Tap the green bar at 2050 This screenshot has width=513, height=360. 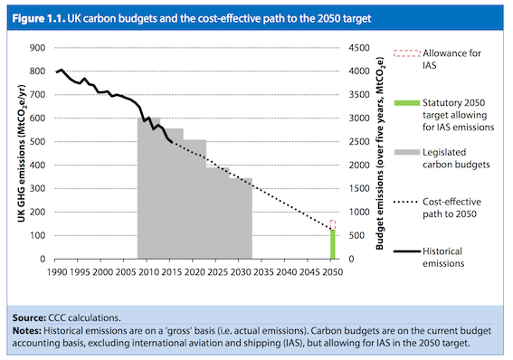click(x=332, y=244)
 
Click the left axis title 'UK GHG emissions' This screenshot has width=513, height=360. click(x=15, y=153)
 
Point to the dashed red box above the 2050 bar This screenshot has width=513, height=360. click(x=332, y=224)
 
